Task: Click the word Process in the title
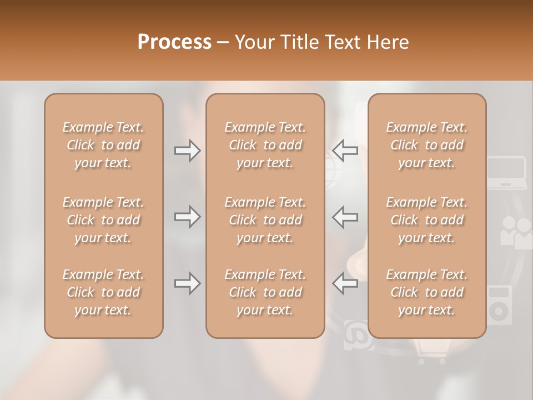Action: click(174, 42)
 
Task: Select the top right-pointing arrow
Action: click(187, 151)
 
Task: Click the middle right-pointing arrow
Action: click(187, 217)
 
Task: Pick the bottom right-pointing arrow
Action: click(187, 284)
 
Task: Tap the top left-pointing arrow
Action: click(345, 151)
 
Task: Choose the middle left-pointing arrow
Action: click(345, 217)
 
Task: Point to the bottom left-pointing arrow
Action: click(345, 284)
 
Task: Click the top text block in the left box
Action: click(103, 145)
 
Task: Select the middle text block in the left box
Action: click(103, 220)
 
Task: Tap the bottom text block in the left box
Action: click(103, 292)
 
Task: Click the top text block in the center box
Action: click(265, 145)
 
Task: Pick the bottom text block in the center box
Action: click(265, 292)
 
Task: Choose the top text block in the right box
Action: click(426, 145)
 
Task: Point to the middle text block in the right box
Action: click(426, 220)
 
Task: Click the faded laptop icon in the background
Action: click(506, 173)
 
